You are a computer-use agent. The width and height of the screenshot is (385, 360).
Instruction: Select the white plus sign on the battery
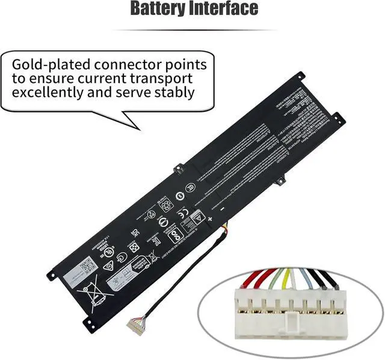[x=210, y=221]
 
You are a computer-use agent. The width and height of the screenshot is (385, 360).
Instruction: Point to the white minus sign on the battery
[x=222, y=208]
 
